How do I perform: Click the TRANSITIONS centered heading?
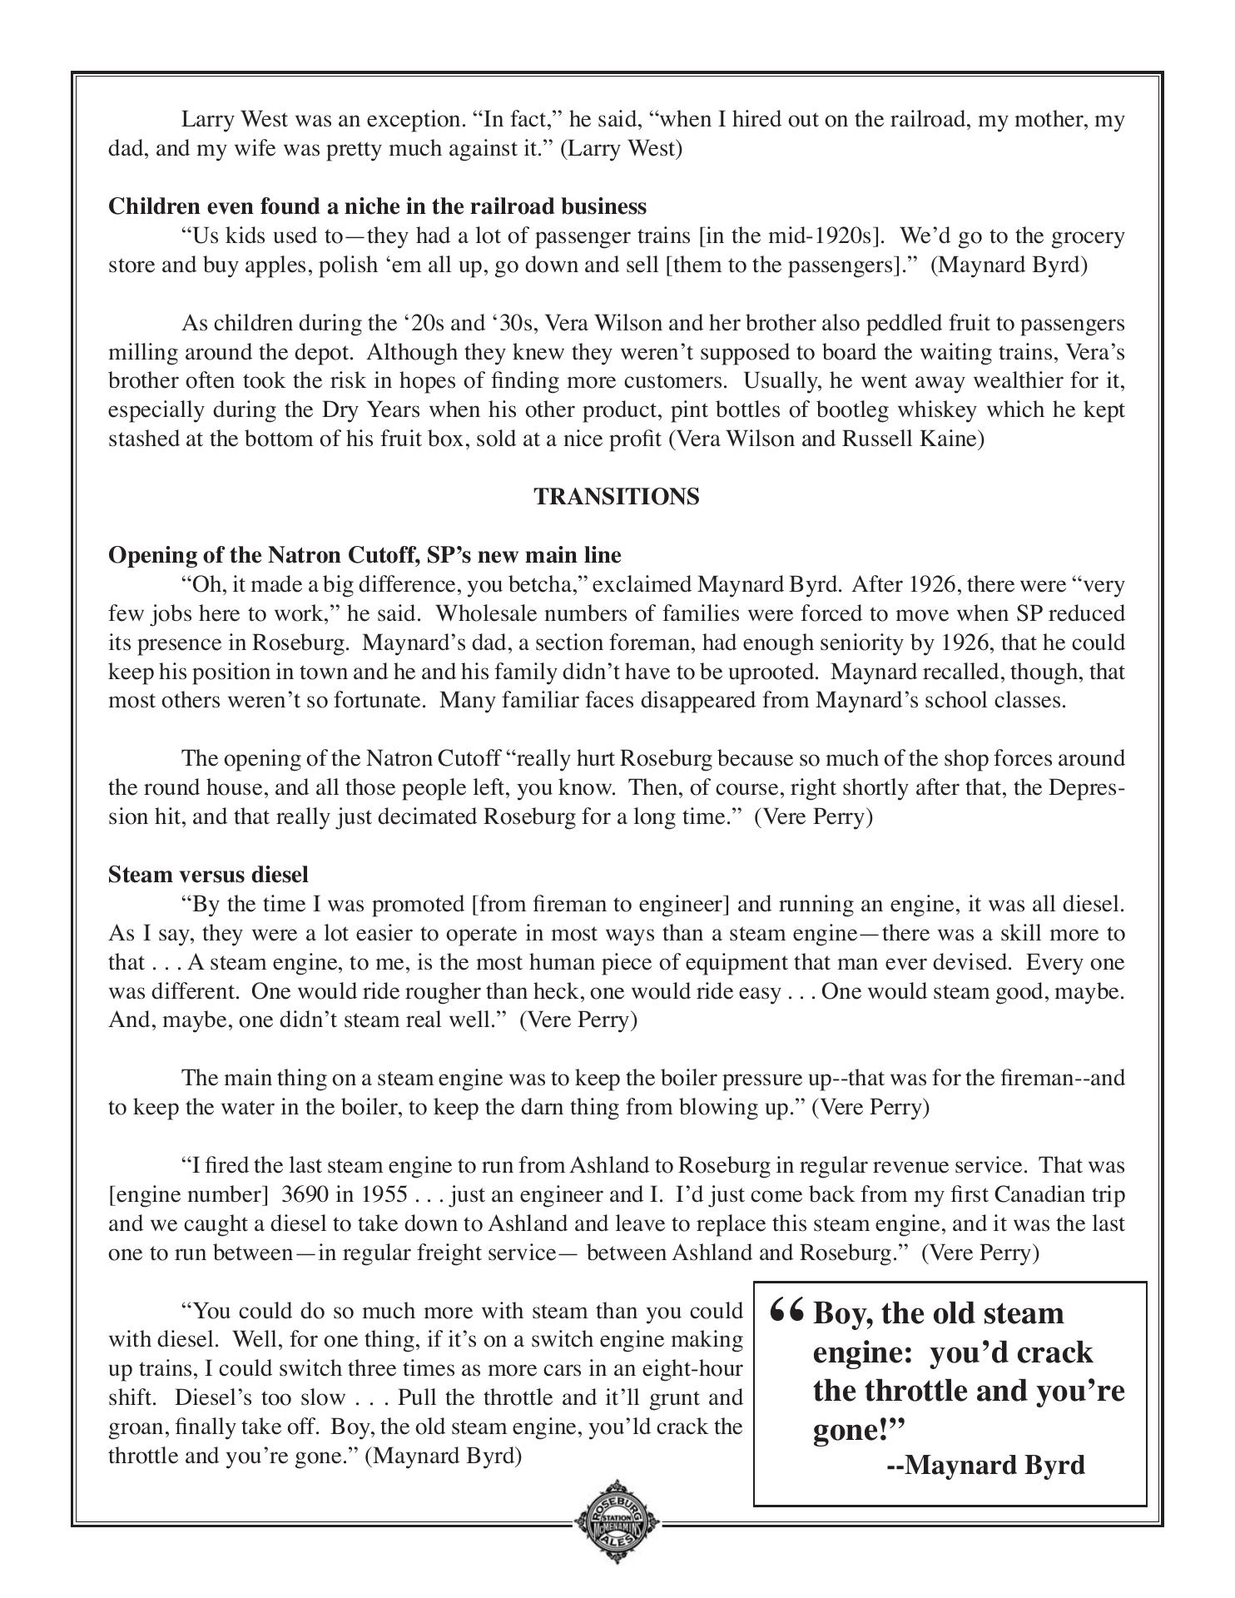616,497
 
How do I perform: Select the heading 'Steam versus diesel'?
208,875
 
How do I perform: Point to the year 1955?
384,1195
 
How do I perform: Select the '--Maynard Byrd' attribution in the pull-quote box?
986,1464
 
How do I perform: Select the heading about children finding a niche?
377,206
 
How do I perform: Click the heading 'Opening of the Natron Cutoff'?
364,555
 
